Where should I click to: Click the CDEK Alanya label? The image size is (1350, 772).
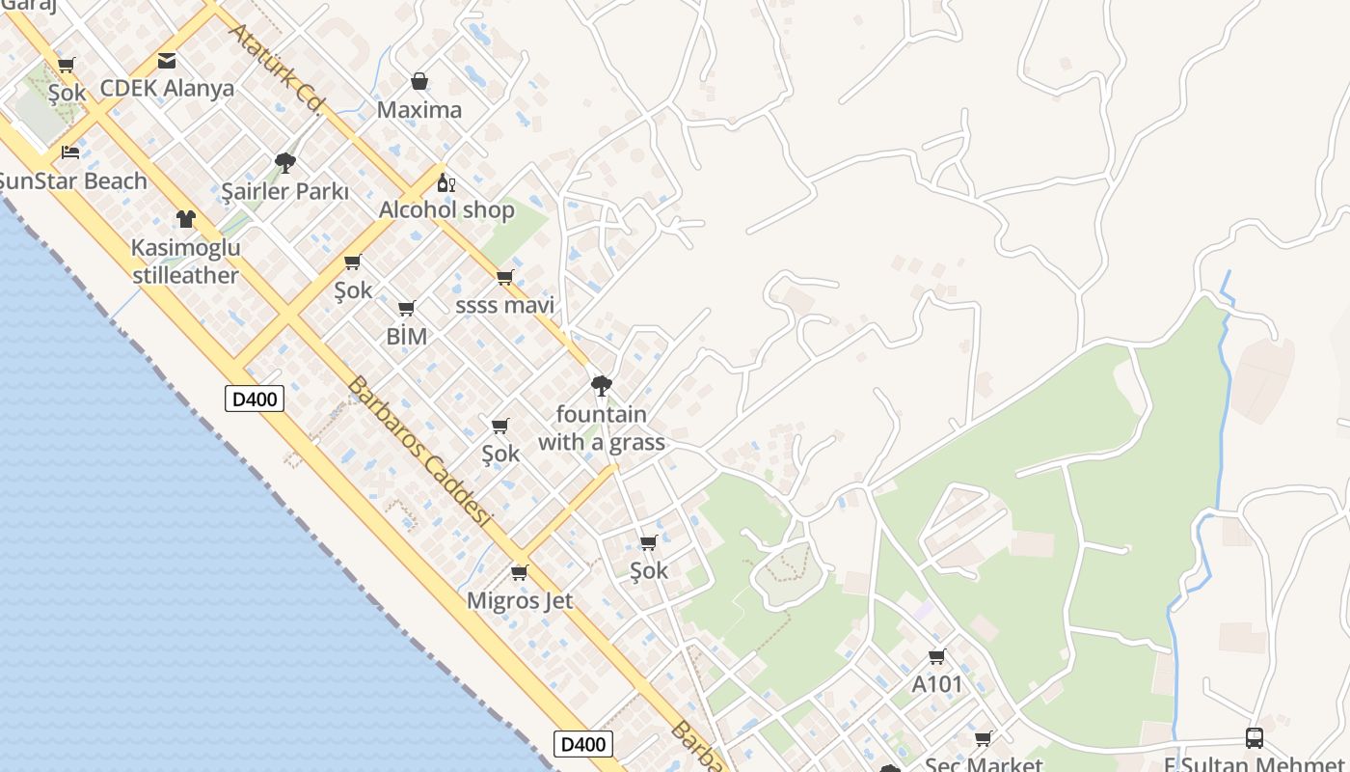coord(167,89)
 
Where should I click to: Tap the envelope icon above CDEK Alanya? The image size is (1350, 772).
coord(167,61)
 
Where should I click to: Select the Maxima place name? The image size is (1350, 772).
coord(418,110)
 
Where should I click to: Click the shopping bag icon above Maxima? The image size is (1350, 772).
coord(418,81)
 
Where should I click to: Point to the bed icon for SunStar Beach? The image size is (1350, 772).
coord(70,152)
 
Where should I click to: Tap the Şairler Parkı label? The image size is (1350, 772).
coord(284,192)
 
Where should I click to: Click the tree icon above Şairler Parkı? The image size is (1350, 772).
coord(284,162)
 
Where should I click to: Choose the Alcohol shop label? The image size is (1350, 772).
coord(446,210)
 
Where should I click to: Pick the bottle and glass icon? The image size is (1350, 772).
coord(445,182)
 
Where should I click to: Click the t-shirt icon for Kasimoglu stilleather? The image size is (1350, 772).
coord(186,219)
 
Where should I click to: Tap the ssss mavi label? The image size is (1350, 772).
coord(504,306)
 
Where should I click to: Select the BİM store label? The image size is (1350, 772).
coord(406,337)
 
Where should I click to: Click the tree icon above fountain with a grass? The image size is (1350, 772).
coord(602,386)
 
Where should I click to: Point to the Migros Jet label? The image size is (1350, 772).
coord(520,601)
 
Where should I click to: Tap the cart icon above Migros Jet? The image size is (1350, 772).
coord(520,573)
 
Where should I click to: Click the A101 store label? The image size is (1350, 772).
coord(937,685)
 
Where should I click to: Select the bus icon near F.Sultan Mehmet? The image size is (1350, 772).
coord(1255,738)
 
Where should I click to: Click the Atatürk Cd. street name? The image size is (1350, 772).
coord(274,69)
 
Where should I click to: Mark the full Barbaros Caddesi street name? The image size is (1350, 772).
coord(418,453)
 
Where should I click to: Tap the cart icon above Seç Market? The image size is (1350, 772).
coord(983,739)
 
